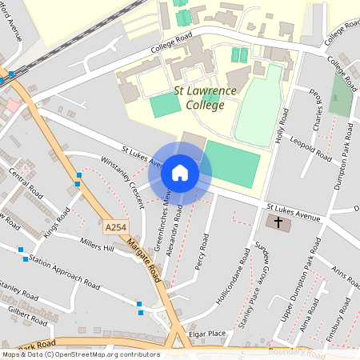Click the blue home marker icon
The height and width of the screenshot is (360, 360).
(180, 171)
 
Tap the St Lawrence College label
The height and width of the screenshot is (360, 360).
(206, 98)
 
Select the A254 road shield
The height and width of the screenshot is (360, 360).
(115, 228)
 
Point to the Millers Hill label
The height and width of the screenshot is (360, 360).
(98, 242)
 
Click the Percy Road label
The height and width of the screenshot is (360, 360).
(202, 253)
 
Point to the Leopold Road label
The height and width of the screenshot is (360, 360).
(310, 150)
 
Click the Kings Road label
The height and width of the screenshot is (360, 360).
(57, 222)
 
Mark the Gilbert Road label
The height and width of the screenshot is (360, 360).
(27, 313)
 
